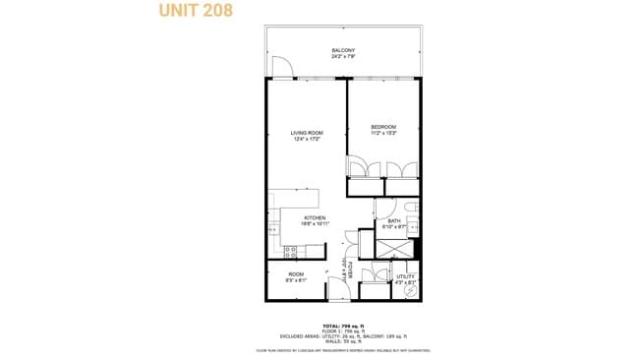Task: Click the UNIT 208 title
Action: pos(197,13)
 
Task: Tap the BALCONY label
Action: pos(342,50)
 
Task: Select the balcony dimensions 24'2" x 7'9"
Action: pos(342,56)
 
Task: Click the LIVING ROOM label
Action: pos(307,133)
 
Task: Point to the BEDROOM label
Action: pos(383,127)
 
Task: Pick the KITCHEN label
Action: pos(315,217)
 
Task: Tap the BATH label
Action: pos(393,220)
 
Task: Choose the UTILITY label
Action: pos(406,277)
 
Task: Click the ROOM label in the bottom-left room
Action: pos(295,274)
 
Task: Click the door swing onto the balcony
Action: pos(281,70)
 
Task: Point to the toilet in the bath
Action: pos(412,208)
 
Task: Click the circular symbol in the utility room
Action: pos(408,292)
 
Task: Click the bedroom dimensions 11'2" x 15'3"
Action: pos(383,133)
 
